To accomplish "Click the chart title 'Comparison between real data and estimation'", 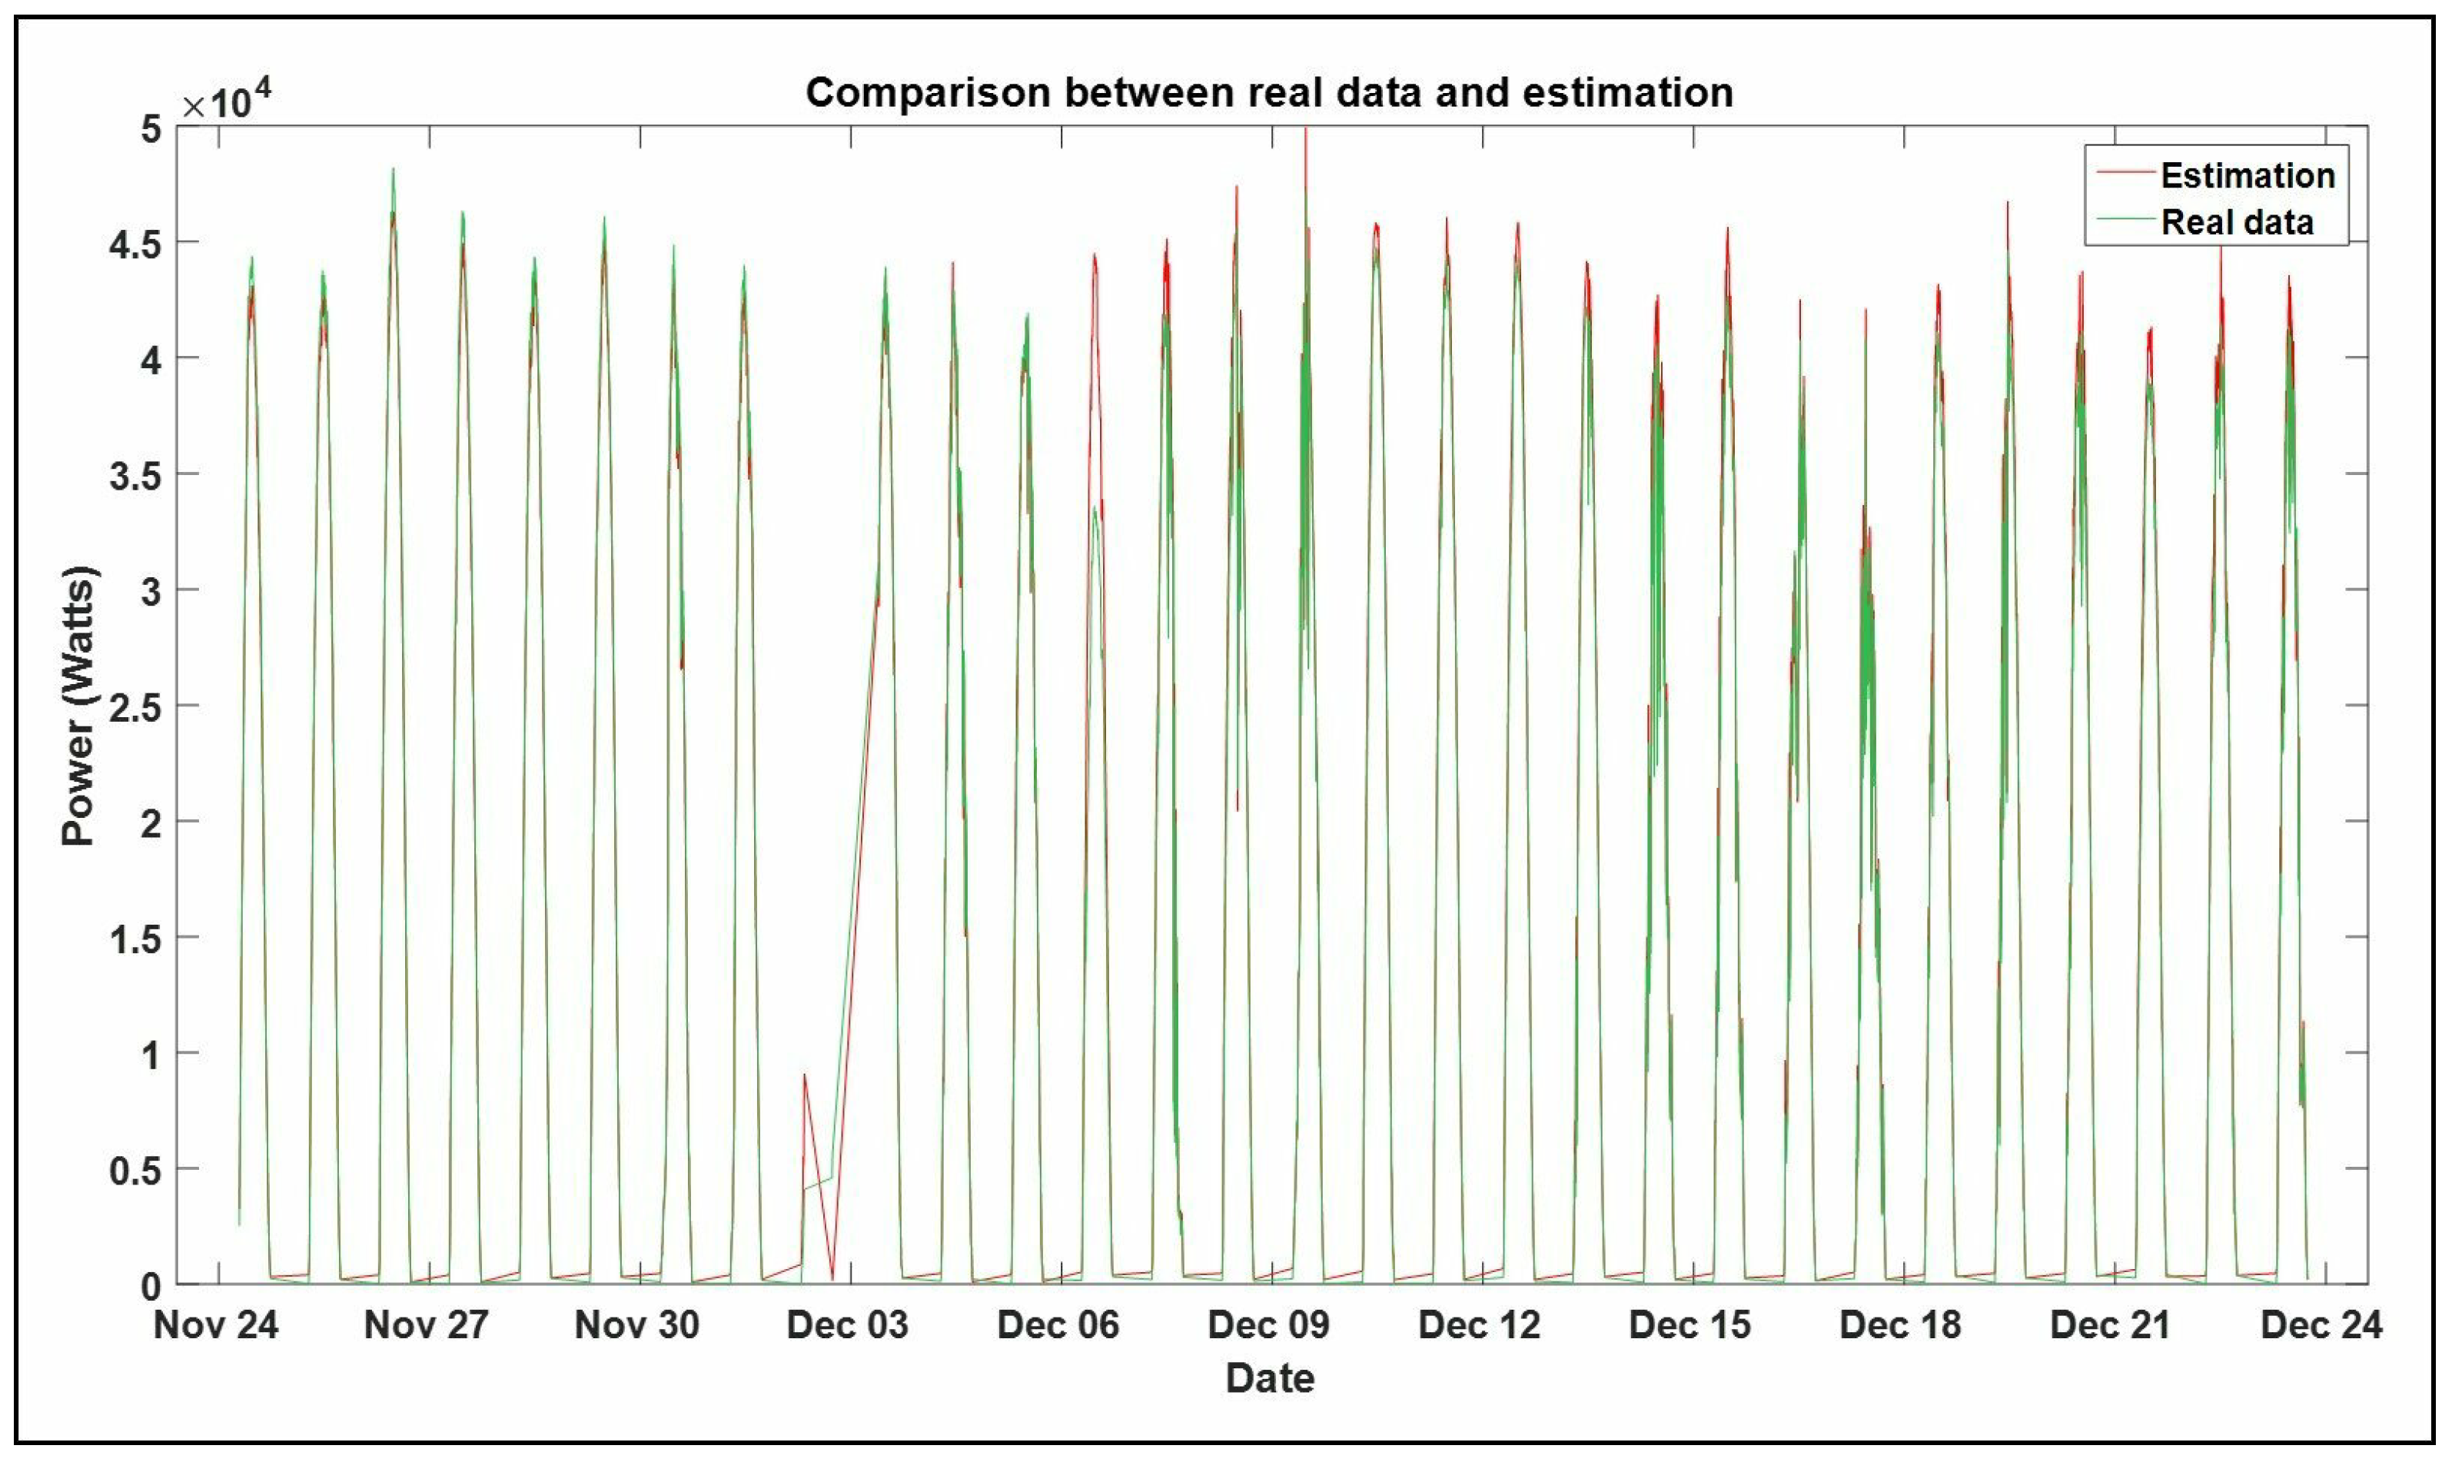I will coord(1269,92).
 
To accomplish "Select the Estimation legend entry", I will coord(2246,175).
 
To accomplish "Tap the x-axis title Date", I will coord(1269,1378).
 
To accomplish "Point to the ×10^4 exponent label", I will coord(227,102).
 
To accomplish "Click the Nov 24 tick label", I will coord(216,1325).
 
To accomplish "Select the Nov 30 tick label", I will coord(636,1325).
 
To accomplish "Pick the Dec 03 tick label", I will coord(847,1325).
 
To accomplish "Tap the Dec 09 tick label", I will coord(1269,1325).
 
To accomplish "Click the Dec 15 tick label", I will coord(1689,1325).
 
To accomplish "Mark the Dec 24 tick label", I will coord(2321,1325).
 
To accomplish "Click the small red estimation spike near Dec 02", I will coord(805,1076).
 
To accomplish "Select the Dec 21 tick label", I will coord(2110,1325).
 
